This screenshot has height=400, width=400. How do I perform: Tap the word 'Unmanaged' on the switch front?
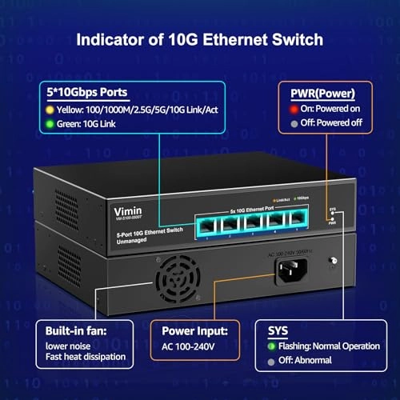tap(128, 237)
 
